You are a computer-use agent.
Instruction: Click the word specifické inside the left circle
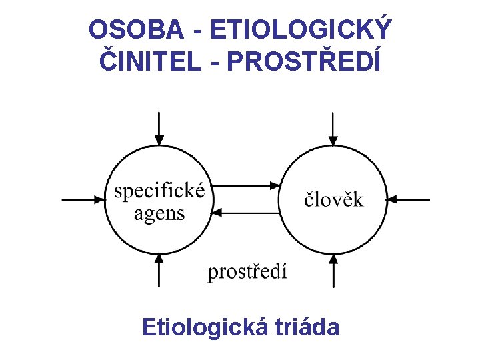[159, 191]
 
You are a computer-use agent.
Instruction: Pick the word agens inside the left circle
[159, 213]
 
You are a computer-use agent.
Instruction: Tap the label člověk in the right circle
[334, 199]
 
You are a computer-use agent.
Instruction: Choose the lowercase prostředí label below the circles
[247, 271]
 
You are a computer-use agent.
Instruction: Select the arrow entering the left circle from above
[159, 129]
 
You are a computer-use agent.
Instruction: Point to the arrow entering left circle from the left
[83, 199]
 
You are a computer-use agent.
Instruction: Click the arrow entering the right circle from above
[333, 129]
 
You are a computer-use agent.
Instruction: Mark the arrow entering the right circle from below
[333, 269]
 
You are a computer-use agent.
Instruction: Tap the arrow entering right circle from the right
[409, 199]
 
